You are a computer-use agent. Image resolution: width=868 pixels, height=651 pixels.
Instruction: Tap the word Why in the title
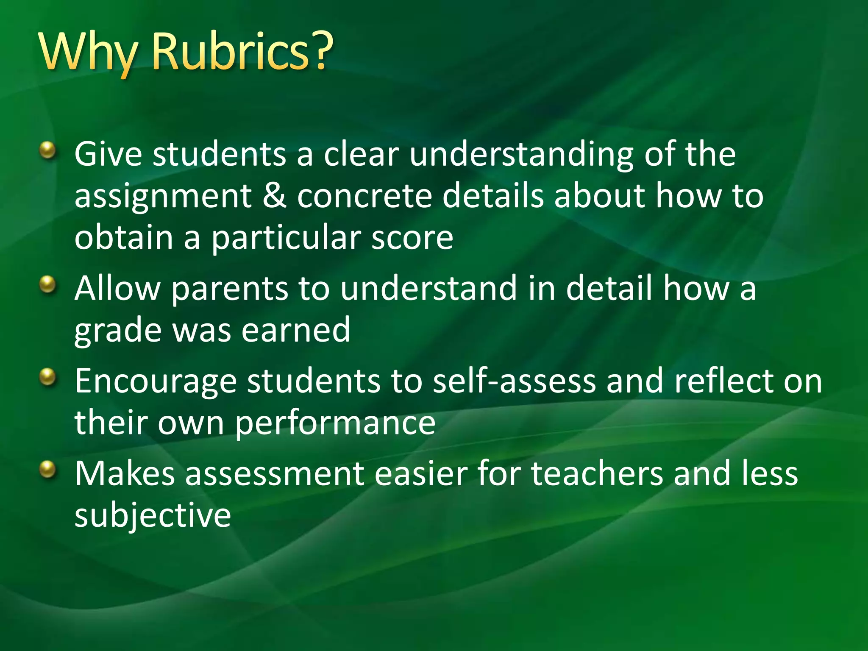coord(89,53)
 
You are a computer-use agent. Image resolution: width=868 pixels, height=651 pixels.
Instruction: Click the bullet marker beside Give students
coord(48,150)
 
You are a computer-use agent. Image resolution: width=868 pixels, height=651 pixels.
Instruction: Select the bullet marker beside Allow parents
coord(48,284)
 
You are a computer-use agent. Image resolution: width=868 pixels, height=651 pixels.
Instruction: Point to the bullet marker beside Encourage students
coord(48,377)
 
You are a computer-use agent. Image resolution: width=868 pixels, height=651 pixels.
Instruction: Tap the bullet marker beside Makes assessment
coord(48,469)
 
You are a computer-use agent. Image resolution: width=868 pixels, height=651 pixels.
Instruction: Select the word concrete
coord(364,196)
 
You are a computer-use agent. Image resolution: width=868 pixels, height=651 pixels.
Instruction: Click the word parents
coord(229,288)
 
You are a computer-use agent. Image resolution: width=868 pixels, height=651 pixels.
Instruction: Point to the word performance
coord(335,423)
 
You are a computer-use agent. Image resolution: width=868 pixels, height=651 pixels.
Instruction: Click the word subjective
coord(153,516)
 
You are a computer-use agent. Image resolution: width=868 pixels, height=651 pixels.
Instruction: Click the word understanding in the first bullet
coord(521,155)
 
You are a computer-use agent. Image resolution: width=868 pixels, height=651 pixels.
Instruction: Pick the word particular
coord(286,238)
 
